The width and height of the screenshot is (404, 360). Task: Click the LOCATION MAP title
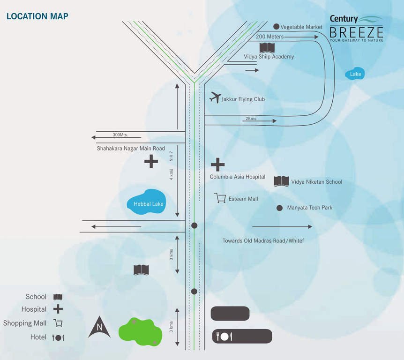(37, 16)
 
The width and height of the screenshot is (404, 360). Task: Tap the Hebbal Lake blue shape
(146, 202)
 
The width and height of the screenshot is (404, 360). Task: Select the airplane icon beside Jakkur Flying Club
(216, 97)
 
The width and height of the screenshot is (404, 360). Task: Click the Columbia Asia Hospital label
(237, 177)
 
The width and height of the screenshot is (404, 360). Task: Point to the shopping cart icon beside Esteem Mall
(220, 198)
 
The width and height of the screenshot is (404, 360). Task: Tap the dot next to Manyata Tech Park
(279, 208)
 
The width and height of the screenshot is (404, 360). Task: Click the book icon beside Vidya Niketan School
(281, 181)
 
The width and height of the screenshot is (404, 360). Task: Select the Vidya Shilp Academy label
(269, 57)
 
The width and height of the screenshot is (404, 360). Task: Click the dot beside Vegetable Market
(276, 27)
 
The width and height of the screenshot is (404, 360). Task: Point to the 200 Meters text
(269, 37)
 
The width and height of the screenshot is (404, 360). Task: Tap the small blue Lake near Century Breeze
(355, 74)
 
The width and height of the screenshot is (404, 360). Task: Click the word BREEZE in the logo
(356, 32)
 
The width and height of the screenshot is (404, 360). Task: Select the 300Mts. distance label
(120, 135)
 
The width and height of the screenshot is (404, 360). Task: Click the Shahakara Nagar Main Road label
(131, 149)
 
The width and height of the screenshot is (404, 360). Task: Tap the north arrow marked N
(99, 327)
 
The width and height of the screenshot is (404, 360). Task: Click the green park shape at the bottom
(141, 332)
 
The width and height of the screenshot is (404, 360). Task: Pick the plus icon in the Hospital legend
(58, 309)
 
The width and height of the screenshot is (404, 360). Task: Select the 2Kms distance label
(251, 119)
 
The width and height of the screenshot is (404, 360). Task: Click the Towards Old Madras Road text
(263, 240)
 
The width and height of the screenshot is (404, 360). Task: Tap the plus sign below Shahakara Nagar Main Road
(151, 162)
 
